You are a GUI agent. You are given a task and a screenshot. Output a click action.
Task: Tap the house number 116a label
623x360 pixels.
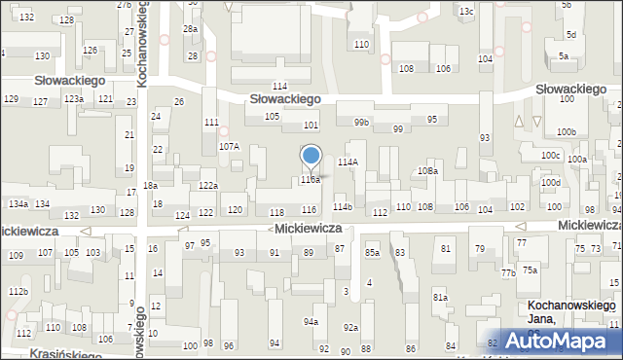311,180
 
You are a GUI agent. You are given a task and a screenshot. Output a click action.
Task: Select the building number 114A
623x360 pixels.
348,162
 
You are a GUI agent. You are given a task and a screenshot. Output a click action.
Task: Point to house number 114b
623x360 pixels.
343,207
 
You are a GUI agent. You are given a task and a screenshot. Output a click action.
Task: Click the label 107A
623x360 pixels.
229,146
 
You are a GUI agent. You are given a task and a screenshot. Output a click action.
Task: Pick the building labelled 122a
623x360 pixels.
208,185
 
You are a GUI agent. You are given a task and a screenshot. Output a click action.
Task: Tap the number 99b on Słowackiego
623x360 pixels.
361,123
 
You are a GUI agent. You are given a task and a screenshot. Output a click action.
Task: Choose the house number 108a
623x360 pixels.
428,171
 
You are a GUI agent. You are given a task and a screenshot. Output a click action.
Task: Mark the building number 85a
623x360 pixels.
372,253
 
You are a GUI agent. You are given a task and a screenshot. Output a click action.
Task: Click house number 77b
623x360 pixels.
508,273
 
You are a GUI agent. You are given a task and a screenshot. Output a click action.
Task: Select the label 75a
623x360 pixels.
529,270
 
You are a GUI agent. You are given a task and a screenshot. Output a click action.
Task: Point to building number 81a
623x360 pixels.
440,298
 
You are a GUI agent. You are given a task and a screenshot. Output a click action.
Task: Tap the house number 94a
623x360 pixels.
311,321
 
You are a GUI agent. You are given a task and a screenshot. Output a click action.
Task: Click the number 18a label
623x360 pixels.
150,186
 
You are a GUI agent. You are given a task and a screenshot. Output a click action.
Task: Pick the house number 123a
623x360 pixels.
74,99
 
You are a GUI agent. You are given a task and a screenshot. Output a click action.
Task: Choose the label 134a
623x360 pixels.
18,203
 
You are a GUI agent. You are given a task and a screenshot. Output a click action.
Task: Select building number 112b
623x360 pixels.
18,292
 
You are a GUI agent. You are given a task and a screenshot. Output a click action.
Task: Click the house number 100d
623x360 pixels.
552,183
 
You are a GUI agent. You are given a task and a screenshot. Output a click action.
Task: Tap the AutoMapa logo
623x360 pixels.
564,341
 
